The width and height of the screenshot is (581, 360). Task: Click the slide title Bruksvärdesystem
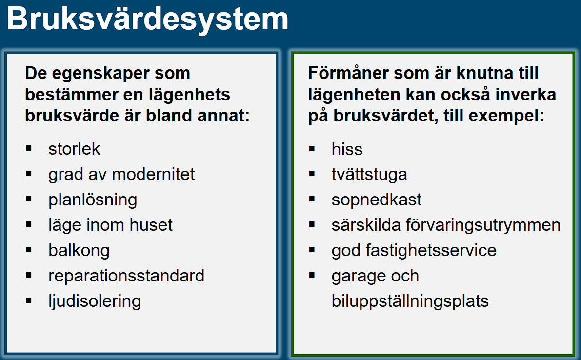[147, 20]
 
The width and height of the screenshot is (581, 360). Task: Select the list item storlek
[74, 149]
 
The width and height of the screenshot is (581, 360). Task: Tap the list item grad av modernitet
[121, 174]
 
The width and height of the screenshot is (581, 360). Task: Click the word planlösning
[93, 200]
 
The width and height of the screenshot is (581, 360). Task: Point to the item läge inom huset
[110, 225]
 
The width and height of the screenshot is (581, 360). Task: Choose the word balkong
[79, 251]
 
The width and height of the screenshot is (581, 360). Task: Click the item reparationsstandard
[126, 276]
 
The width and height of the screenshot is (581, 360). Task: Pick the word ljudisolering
[95, 301]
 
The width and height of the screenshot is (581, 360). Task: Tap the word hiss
[347, 149]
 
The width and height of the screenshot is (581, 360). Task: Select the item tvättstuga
[369, 174]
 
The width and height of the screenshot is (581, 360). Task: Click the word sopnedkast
[377, 200]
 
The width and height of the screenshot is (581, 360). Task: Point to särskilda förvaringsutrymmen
[446, 225]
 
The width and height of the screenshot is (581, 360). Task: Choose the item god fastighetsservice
[414, 250]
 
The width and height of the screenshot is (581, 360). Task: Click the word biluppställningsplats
[410, 301]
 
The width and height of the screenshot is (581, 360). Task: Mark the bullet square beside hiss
[312, 147]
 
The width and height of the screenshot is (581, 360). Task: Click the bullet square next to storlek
[29, 147]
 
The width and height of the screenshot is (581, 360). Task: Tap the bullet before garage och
[312, 274]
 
